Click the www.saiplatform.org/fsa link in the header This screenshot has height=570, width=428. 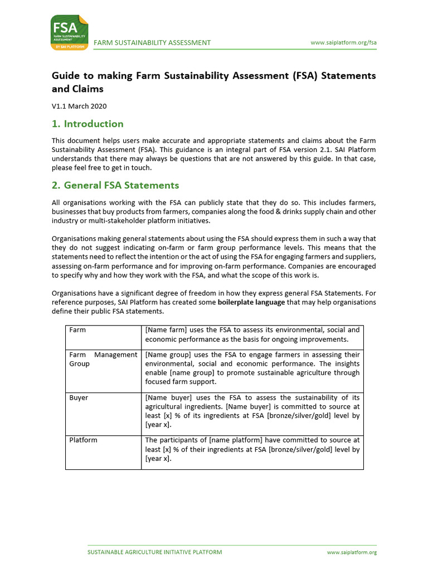click(x=344, y=43)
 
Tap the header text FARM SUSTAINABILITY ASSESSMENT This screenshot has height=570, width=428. click(x=152, y=43)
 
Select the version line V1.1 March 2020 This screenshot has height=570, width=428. click(x=79, y=106)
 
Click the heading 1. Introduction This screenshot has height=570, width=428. click(x=87, y=124)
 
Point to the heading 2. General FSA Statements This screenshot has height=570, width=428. click(x=115, y=185)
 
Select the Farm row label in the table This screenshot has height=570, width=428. click(x=77, y=330)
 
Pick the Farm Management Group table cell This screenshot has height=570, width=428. click(x=103, y=359)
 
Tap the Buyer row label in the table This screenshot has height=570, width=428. click(x=79, y=398)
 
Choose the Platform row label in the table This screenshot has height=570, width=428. click(x=83, y=440)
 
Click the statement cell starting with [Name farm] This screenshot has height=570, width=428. click(x=252, y=335)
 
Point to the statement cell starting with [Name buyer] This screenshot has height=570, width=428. click(x=252, y=411)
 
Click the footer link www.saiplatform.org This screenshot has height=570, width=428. click(x=352, y=552)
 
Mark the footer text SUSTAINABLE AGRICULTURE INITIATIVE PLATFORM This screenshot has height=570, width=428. click(x=155, y=552)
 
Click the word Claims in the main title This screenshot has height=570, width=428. click(x=87, y=89)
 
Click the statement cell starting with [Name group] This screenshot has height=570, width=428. click(x=252, y=368)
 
